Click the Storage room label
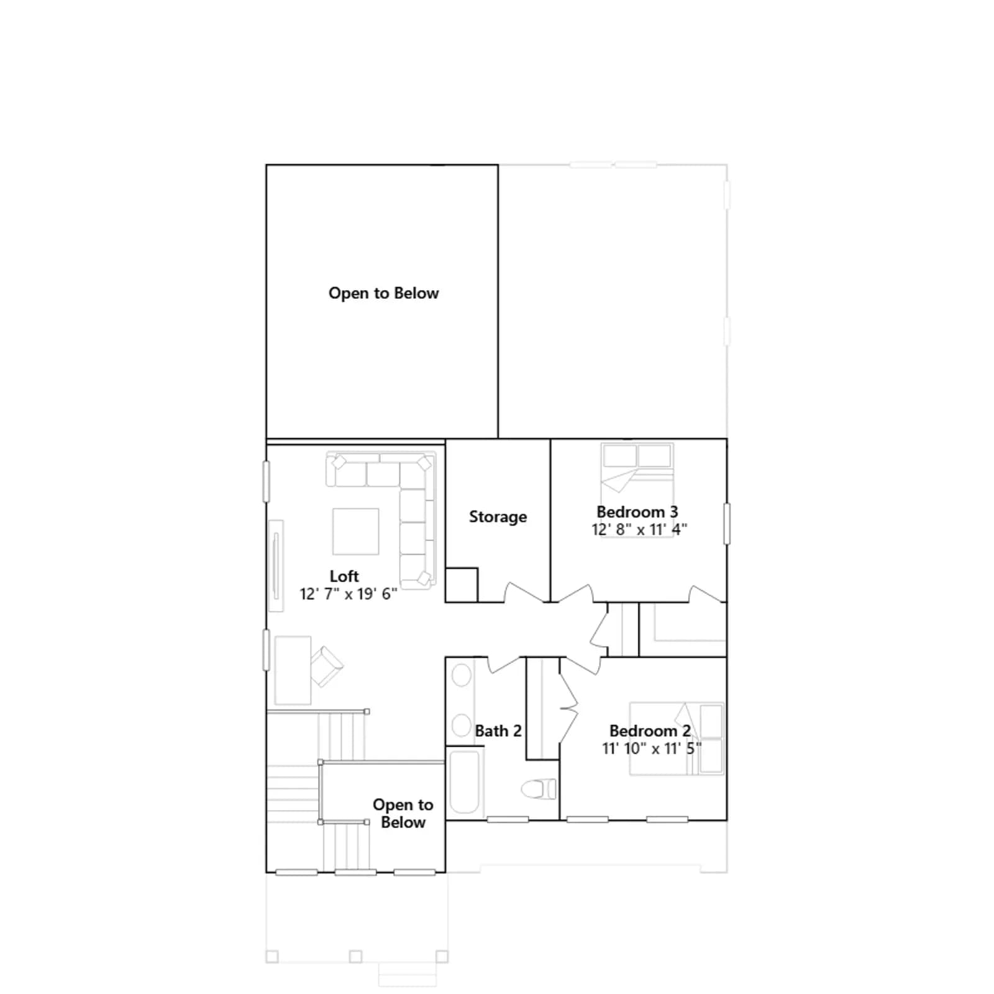[x=498, y=517]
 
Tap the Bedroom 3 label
[x=637, y=512]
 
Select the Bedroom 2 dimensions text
[x=652, y=749]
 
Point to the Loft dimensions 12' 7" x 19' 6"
[x=349, y=594]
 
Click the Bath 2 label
[x=498, y=731]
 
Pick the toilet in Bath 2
[x=539, y=789]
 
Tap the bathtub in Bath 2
[x=465, y=782]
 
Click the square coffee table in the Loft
[x=356, y=531]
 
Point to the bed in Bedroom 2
[x=677, y=739]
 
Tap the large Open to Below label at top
[x=384, y=293]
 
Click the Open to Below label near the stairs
[x=403, y=813]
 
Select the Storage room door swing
[x=522, y=595]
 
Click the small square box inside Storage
[x=462, y=585]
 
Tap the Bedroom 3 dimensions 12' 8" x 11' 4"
[x=639, y=529]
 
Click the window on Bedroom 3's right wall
[x=727, y=524]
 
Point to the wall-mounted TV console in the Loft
[x=276, y=565]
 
